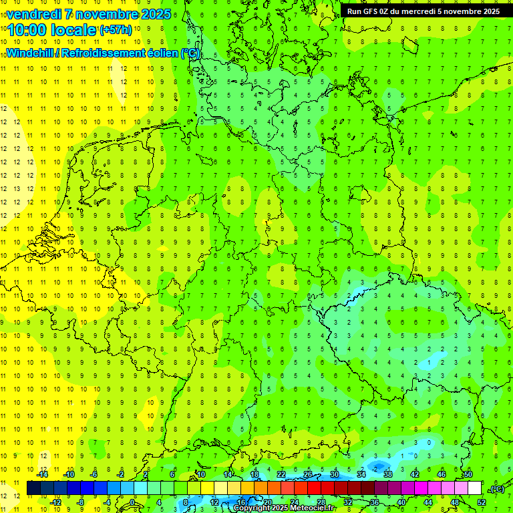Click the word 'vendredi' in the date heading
[32, 14]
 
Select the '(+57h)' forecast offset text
[116, 30]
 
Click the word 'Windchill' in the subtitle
[31, 53]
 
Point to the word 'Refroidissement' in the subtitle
[104, 53]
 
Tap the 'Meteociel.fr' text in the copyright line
[313, 508]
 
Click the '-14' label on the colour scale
[42, 474]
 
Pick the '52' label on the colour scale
[481, 502]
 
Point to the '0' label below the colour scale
[132, 502]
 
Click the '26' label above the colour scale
[307, 474]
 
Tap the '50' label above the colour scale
[468, 474]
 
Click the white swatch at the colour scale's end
[474, 488]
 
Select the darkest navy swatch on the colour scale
[33, 488]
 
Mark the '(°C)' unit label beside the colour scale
[497, 489]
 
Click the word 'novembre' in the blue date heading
[109, 14]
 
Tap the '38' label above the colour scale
[387, 474]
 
